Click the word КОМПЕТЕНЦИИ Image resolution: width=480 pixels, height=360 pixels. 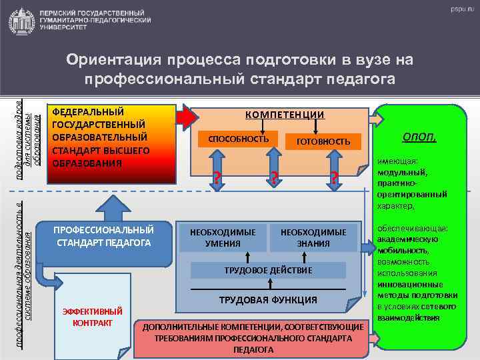point(285,115)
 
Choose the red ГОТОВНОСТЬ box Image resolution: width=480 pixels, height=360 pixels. point(323,141)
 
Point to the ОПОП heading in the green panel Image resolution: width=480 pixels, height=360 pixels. point(419,137)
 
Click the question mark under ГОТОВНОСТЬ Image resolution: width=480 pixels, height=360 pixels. point(334,178)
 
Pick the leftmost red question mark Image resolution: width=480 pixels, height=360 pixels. point(215,178)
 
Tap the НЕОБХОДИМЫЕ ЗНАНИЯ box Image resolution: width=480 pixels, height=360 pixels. point(313,237)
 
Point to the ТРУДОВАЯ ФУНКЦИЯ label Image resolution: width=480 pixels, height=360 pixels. point(268,300)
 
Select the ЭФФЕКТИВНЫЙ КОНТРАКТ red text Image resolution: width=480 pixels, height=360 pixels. point(92,317)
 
